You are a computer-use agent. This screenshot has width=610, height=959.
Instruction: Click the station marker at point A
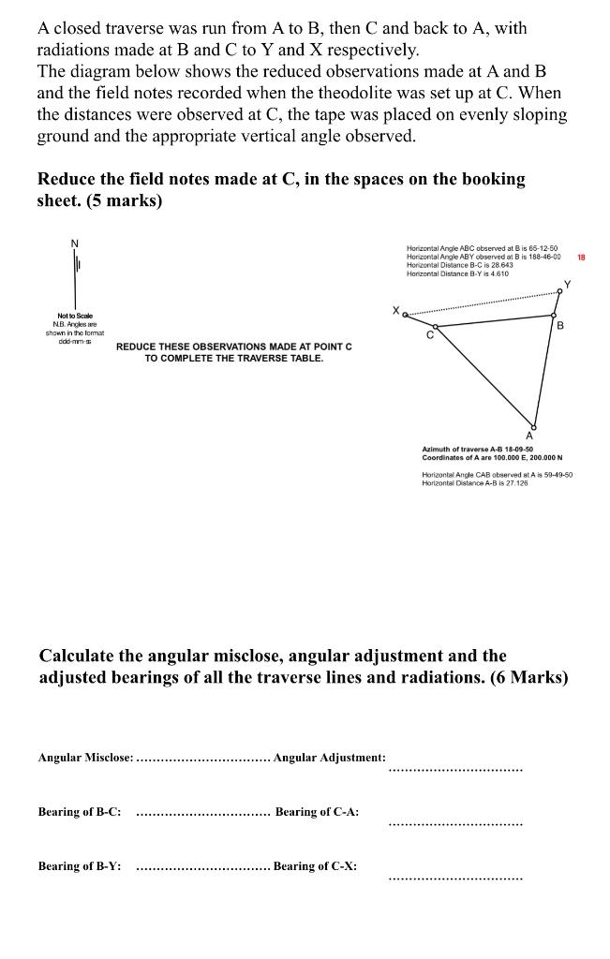tap(534, 424)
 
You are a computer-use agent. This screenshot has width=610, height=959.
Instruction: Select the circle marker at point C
tap(433, 326)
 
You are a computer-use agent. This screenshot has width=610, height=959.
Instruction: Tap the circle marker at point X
tap(406, 315)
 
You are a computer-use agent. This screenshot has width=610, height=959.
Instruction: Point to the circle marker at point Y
tap(559, 291)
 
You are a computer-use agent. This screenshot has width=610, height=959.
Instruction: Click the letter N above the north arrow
tap(76, 243)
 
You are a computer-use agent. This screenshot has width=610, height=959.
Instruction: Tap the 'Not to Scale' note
tap(75, 317)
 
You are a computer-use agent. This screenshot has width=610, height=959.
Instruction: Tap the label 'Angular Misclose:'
tap(85, 756)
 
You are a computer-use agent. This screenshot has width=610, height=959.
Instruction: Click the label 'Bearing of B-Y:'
tap(79, 866)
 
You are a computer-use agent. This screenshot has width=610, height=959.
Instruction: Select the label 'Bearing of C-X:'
tap(315, 866)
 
